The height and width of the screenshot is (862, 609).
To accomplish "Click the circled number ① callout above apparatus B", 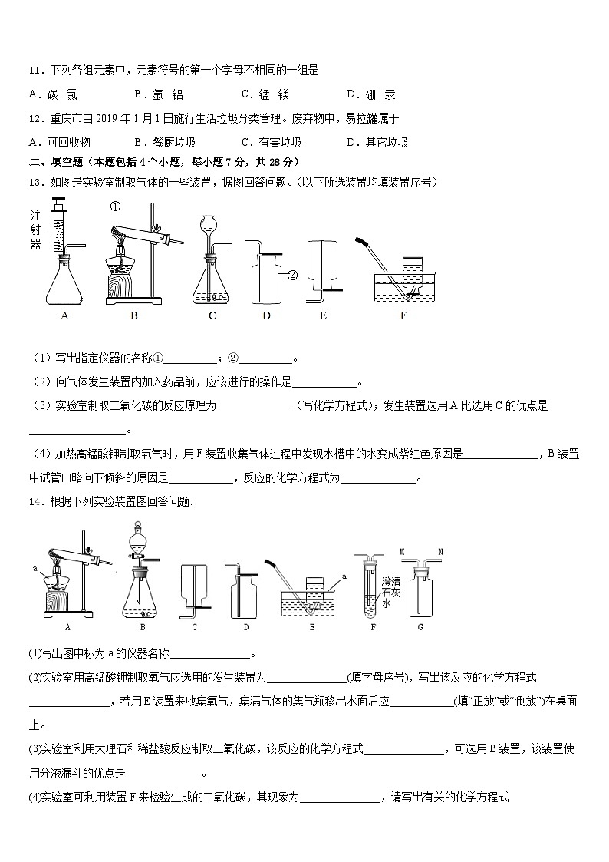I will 116,206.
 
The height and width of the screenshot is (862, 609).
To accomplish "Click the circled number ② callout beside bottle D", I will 292,273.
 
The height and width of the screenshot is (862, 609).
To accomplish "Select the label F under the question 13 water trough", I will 402,315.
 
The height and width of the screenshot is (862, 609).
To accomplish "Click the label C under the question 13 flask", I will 212,315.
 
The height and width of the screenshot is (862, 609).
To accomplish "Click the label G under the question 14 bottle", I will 420,627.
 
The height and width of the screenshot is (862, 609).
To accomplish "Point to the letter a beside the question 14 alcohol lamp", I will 35,569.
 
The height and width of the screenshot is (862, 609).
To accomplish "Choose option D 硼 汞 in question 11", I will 371,95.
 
